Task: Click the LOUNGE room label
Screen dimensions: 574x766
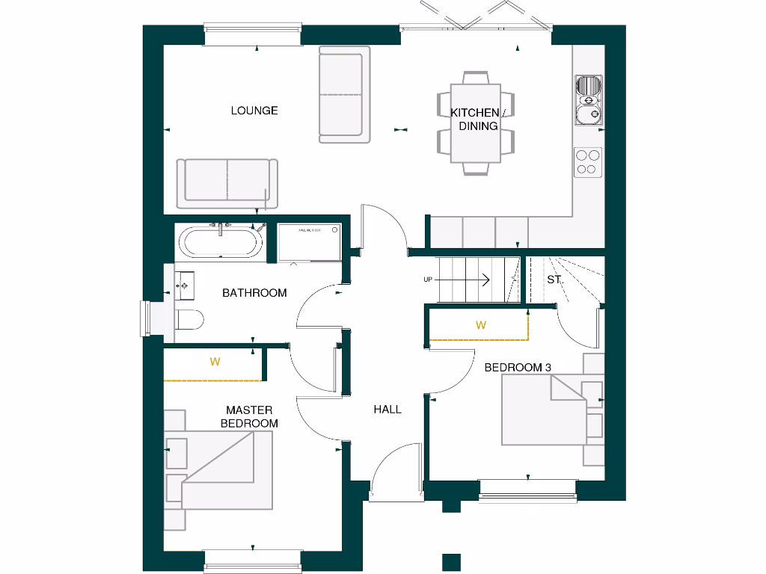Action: (x=254, y=111)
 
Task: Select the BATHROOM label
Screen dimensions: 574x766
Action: (x=254, y=293)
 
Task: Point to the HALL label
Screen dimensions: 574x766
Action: (x=387, y=409)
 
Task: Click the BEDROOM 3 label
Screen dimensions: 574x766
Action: (x=518, y=367)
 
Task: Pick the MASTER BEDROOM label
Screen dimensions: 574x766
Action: (x=249, y=416)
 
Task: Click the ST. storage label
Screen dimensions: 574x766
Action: (x=554, y=280)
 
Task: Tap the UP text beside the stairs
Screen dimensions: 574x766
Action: (x=428, y=280)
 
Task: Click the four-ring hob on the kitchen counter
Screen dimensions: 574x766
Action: (x=588, y=162)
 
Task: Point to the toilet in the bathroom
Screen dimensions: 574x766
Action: (x=190, y=319)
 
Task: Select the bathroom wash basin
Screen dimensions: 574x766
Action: (x=184, y=284)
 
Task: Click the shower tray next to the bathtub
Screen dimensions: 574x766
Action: (x=309, y=241)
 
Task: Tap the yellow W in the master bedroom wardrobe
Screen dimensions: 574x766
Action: (x=215, y=362)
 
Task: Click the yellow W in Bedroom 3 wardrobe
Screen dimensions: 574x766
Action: (x=481, y=325)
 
